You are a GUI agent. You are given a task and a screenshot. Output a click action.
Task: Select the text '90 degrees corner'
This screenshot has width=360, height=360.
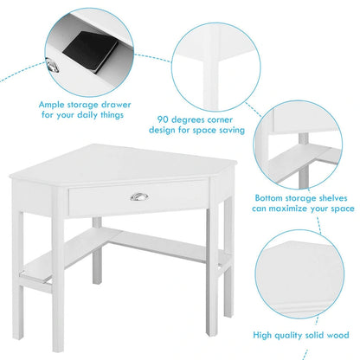coord(199,119)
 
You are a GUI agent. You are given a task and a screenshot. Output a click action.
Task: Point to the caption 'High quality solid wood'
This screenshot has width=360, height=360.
coord(300,335)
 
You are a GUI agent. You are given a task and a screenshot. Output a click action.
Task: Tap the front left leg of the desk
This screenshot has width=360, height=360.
coord(22,260)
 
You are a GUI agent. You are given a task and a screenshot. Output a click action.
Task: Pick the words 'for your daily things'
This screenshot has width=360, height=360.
coord(85,116)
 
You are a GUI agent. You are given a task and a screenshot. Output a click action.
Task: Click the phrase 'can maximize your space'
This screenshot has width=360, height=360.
coord(304,209)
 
